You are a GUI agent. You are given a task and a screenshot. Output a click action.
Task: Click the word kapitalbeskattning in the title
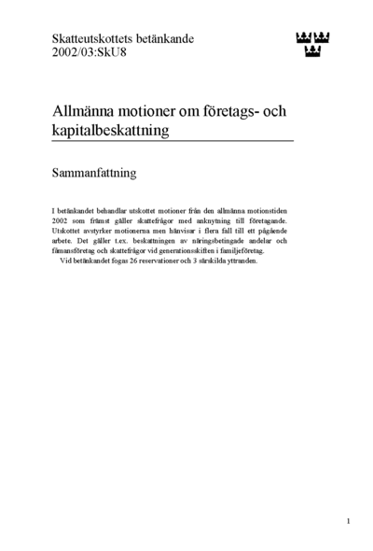tap(111, 131)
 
